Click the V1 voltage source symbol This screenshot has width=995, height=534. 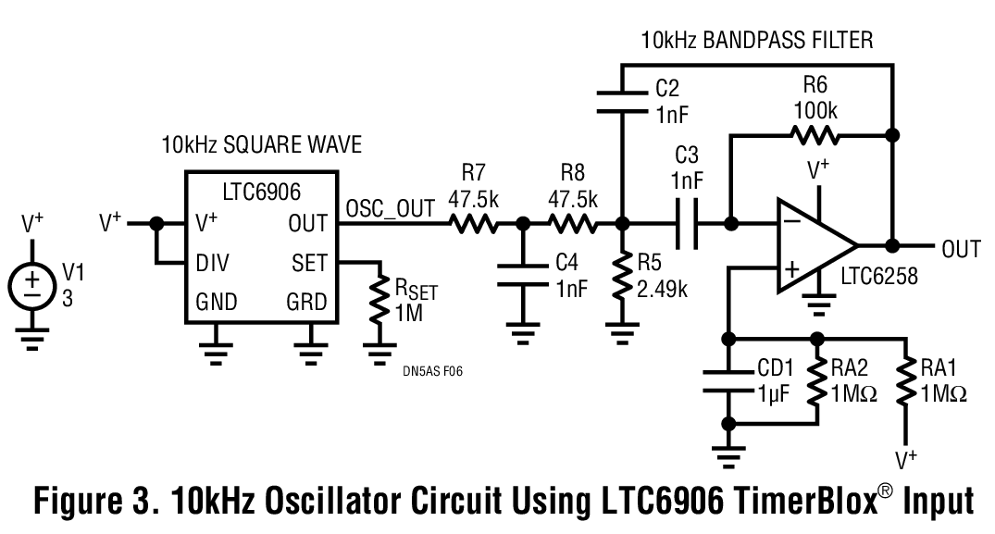point(32,281)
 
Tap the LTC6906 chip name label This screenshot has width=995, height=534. point(263,192)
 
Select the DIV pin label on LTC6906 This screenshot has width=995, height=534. point(215,263)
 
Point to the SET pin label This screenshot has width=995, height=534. point(309,263)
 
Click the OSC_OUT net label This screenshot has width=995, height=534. point(390,209)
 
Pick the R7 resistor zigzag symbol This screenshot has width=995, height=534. point(475,223)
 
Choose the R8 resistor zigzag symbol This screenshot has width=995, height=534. point(573,223)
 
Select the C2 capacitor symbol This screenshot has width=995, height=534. point(621,101)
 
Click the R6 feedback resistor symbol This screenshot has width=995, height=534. point(815,135)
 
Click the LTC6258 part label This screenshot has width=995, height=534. point(878,276)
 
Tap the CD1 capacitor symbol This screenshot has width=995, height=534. point(729,380)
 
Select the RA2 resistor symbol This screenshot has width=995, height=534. point(816,380)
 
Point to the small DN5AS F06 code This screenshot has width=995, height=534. point(432,370)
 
